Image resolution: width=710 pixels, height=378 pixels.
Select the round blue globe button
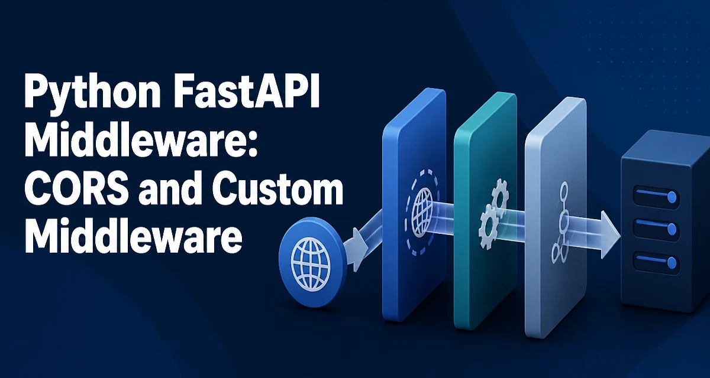311,262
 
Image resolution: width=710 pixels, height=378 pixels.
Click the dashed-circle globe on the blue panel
423,212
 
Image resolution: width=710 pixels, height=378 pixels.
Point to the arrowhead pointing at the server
610,235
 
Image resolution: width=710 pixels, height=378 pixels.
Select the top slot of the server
656,197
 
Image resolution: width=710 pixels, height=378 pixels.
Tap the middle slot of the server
656,229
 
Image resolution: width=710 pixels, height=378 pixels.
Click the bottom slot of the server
656,262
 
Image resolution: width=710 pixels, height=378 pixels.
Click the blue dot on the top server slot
672,197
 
